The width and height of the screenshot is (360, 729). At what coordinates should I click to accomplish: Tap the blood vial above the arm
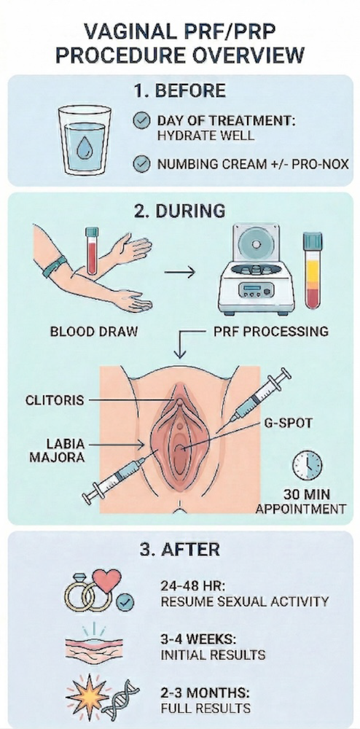(92, 250)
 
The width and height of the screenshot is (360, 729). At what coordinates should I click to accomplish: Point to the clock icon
(307, 465)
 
